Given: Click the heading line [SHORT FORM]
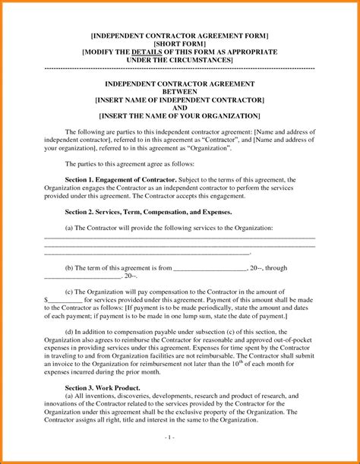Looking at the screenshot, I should coord(179,43).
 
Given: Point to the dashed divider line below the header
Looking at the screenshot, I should coord(180,68).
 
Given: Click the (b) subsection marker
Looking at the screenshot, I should coord(70,267).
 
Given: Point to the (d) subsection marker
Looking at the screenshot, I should coord(70,331).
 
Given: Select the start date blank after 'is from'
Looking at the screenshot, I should coord(210,268).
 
